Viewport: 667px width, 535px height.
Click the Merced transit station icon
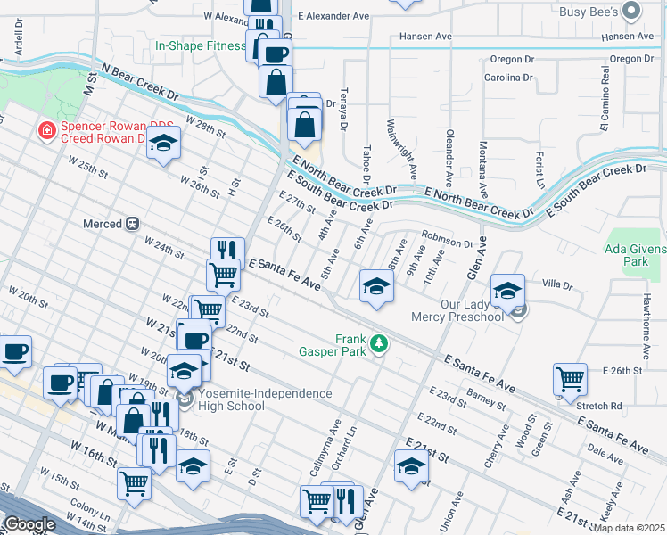(133, 224)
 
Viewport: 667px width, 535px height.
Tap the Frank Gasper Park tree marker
(379, 342)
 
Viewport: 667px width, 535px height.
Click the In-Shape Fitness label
(200, 45)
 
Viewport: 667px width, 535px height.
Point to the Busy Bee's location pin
(632, 12)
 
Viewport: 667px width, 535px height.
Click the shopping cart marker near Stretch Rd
(570, 378)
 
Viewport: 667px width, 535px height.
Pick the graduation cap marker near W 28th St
(163, 143)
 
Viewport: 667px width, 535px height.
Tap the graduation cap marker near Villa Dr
(507, 290)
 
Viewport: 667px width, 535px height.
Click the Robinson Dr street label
(447, 241)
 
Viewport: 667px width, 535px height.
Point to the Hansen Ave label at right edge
(628, 37)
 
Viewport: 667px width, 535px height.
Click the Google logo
(29, 524)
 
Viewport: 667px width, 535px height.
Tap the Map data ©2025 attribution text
(629, 528)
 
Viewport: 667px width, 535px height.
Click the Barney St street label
(486, 399)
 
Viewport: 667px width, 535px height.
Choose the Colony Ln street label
(93, 515)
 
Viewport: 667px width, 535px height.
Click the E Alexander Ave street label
(333, 16)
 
